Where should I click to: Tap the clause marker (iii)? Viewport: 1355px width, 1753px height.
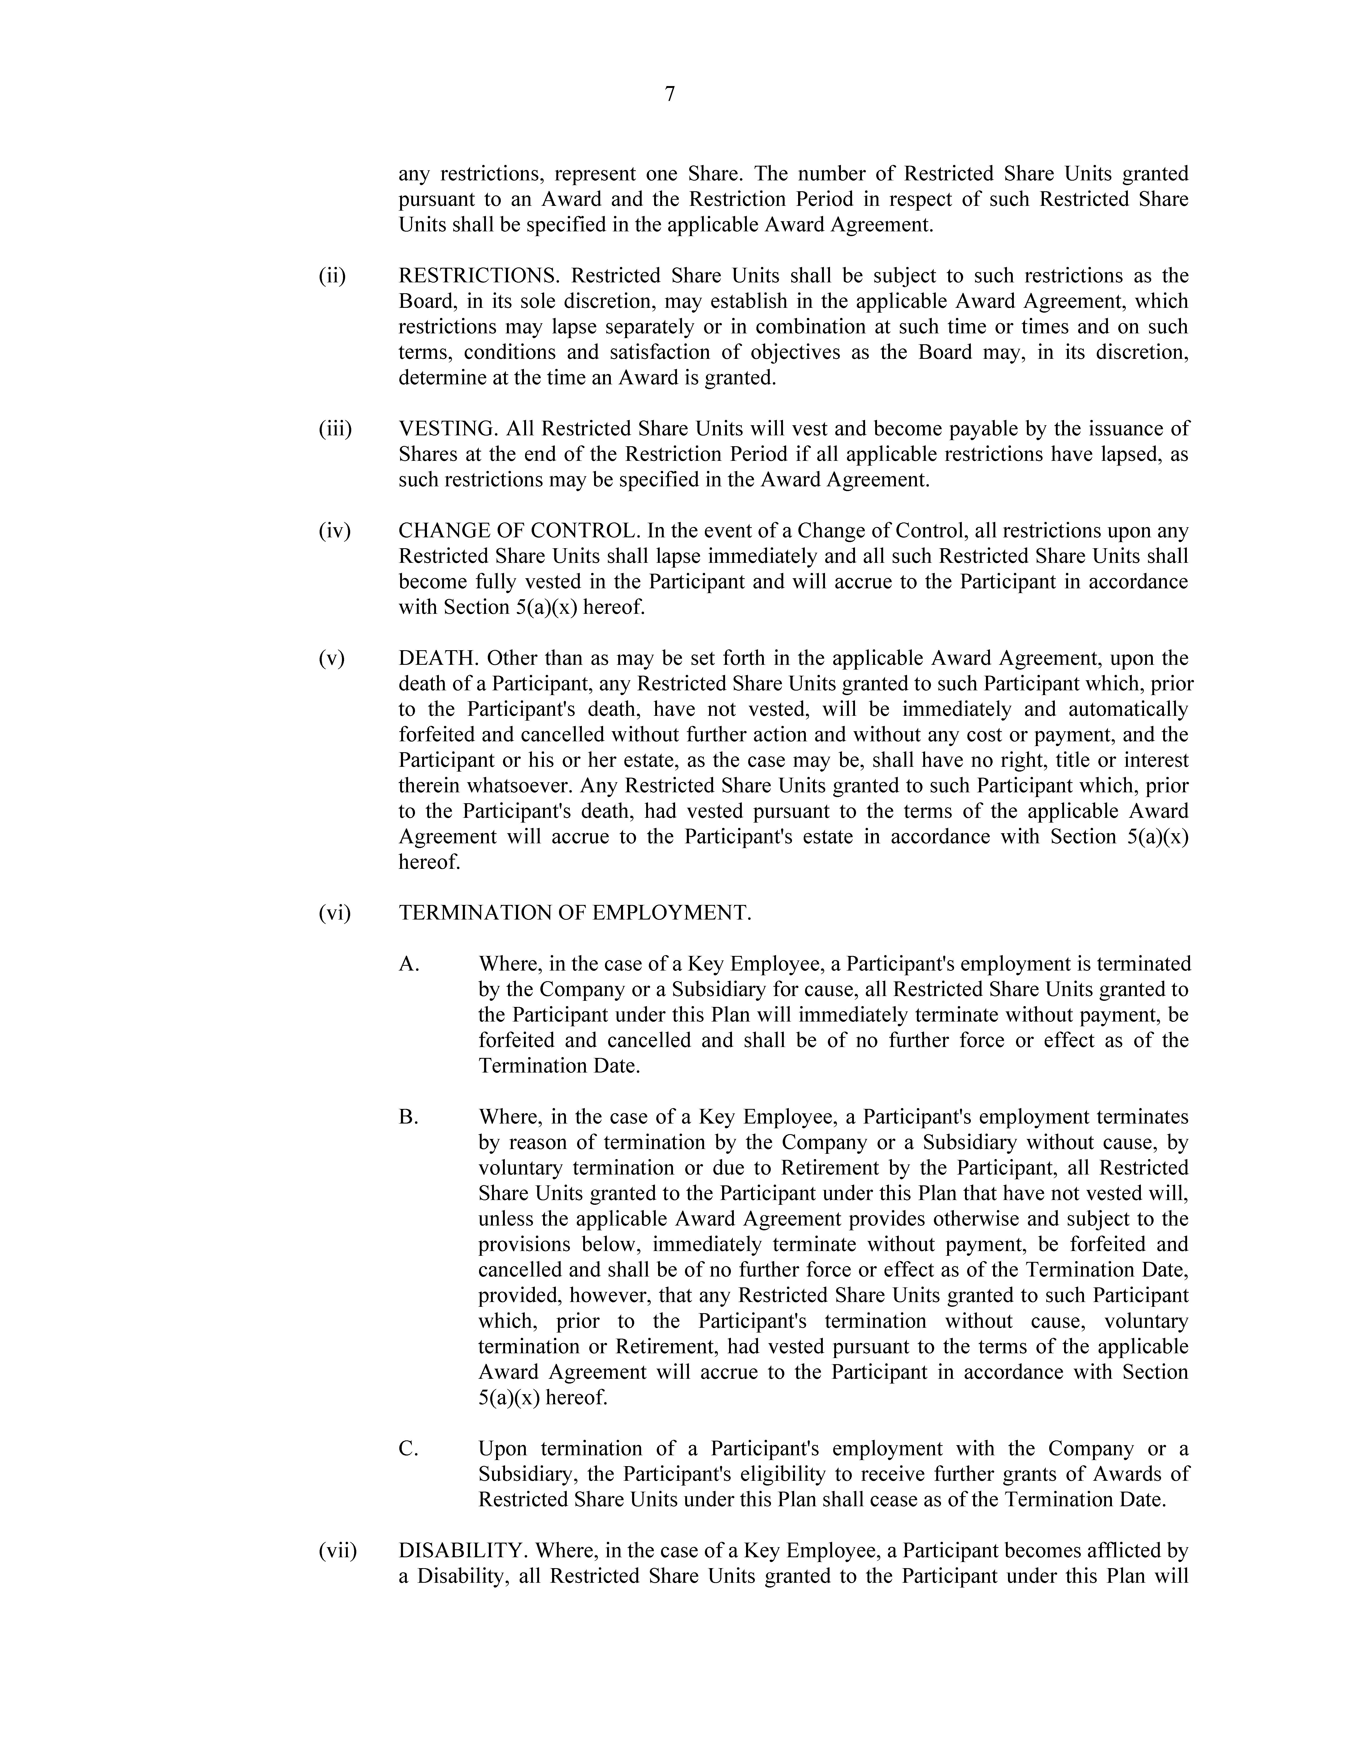point(335,429)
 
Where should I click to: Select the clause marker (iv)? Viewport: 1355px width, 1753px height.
point(334,531)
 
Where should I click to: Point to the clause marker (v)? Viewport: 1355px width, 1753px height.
point(331,659)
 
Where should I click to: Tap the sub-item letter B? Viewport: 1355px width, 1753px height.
point(409,1117)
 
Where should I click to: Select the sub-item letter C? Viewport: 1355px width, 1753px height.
point(409,1450)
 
